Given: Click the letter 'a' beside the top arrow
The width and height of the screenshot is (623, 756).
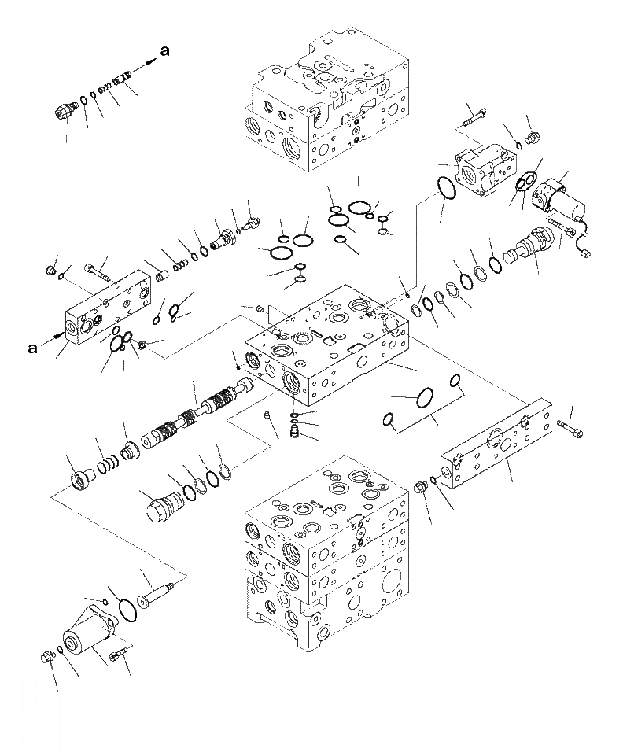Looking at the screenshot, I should pyautogui.click(x=165, y=51).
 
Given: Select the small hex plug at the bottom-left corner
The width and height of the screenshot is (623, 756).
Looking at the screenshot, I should pyautogui.click(x=46, y=658).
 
